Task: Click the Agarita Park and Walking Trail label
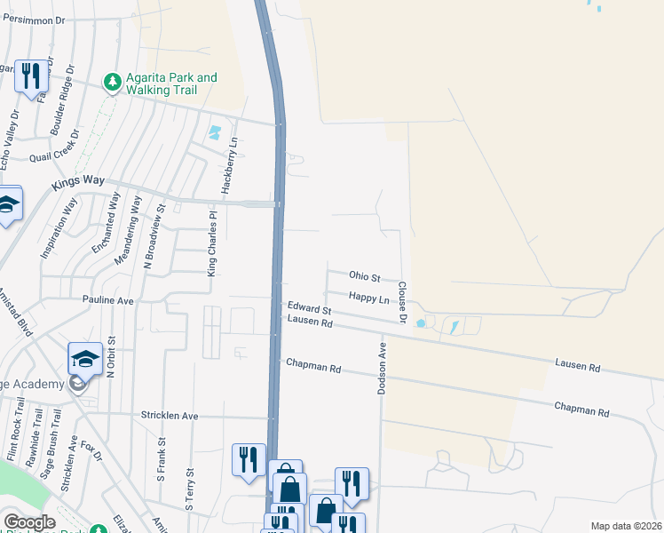coord(172,84)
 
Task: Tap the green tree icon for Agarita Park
coord(113,83)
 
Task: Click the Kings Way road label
coord(78,180)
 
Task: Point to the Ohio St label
coord(364,277)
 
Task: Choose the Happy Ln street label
coord(369,298)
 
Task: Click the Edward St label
coord(308,310)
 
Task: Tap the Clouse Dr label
coord(401,302)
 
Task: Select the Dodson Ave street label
coord(383,367)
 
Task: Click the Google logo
coord(29,522)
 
